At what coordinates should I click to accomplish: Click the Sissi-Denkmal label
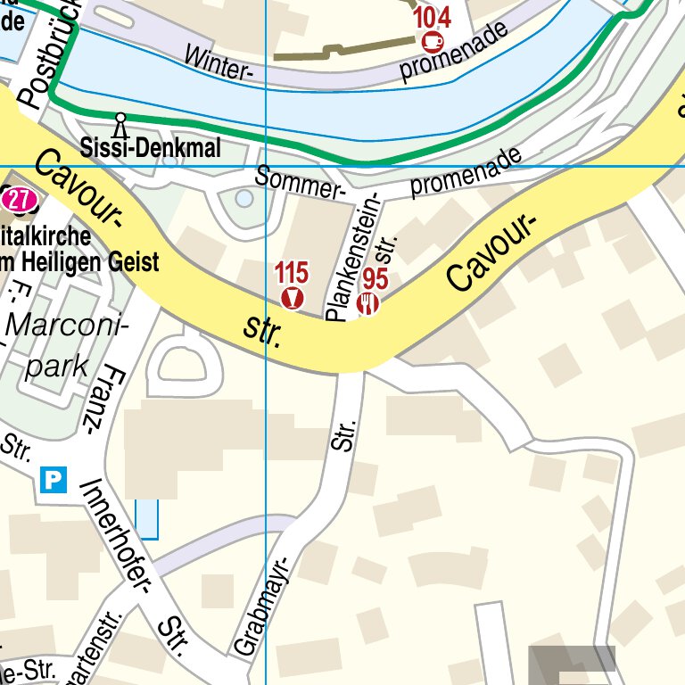click(137, 147)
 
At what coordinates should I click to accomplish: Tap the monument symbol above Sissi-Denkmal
click(120, 122)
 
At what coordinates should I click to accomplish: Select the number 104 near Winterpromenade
click(432, 17)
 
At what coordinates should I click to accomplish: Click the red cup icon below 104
click(433, 40)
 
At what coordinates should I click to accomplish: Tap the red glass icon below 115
click(292, 297)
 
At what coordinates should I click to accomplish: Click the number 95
click(376, 279)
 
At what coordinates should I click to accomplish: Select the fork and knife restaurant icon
click(367, 304)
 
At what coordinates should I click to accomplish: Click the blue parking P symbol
click(54, 481)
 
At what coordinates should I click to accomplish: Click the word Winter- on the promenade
click(217, 61)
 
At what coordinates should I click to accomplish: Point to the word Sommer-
click(300, 183)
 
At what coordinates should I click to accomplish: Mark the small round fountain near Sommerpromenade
click(243, 199)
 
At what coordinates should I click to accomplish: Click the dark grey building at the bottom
click(572, 664)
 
